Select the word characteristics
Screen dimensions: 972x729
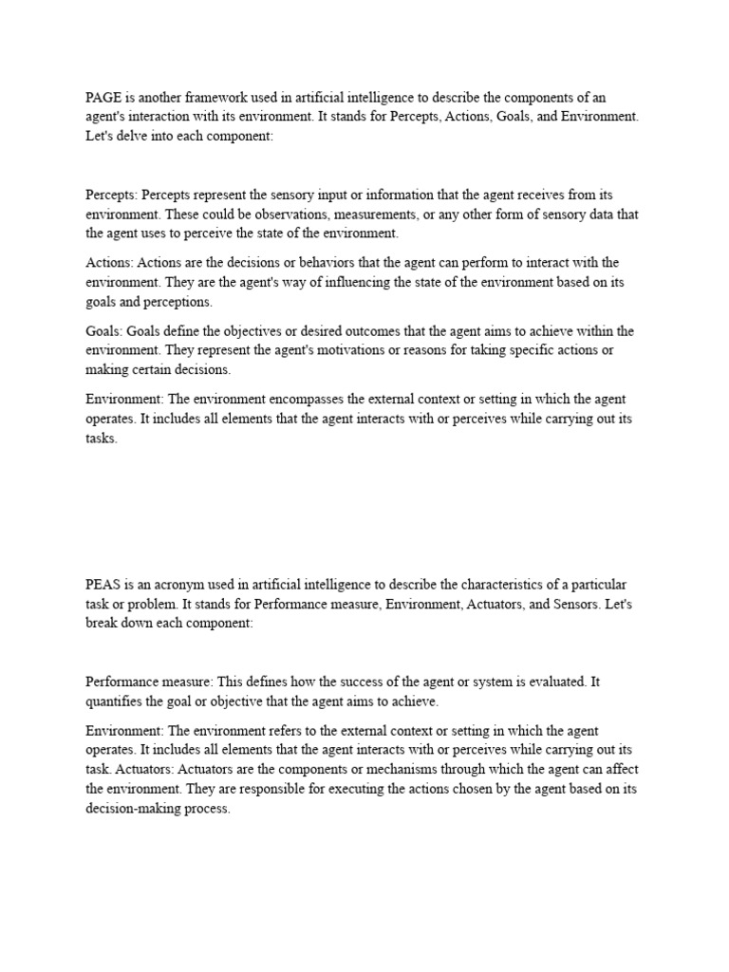[494, 582]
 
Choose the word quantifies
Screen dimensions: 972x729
[117, 701]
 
